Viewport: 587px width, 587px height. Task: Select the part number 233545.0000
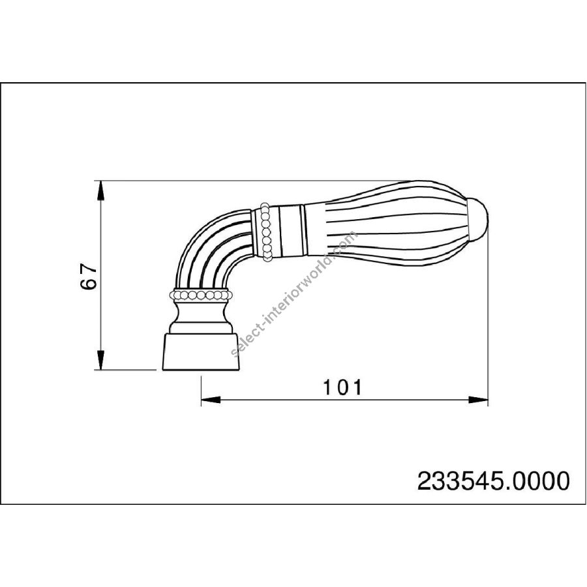tap(494, 481)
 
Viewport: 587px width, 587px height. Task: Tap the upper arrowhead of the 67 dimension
tap(100, 191)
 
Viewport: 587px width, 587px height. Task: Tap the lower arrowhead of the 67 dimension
tap(100, 360)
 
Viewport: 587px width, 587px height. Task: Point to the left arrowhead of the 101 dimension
tap(211, 400)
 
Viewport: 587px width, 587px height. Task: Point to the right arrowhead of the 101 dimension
tap(479, 400)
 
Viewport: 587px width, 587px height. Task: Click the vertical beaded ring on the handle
tap(266, 232)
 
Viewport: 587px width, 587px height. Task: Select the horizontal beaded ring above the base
tap(201, 295)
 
